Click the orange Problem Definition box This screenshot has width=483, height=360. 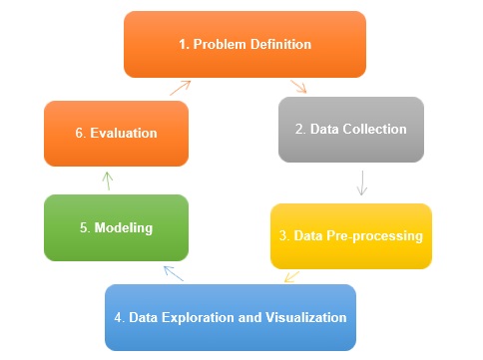[243, 44]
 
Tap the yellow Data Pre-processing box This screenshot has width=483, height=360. [351, 236]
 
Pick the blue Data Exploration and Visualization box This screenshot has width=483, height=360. [231, 317]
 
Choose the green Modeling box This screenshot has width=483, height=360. [116, 227]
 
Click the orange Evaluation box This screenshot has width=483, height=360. [116, 133]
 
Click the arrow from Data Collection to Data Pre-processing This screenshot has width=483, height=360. [361, 182]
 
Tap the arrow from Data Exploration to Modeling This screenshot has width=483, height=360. [173, 272]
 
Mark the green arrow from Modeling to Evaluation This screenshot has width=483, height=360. [108, 180]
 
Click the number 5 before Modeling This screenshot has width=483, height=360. [85, 227]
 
